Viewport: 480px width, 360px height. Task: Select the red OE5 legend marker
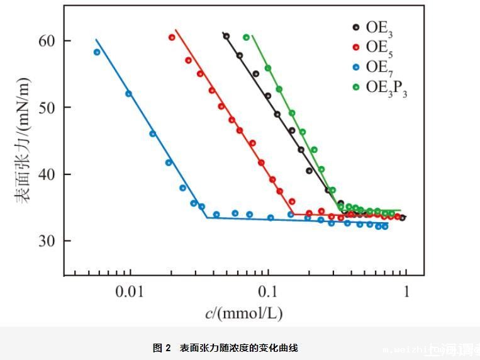coord(355,47)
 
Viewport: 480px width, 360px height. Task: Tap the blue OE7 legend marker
coord(355,67)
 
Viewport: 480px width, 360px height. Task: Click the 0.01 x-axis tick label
coord(130,291)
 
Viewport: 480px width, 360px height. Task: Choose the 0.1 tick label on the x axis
coord(268,291)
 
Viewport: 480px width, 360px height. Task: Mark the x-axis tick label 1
coord(406,291)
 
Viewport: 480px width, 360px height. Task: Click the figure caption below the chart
coord(225,347)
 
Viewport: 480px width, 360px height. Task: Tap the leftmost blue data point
coord(97,52)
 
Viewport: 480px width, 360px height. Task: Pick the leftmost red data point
coord(172,37)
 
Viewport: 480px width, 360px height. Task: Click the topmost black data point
coord(226,36)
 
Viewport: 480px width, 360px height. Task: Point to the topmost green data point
coord(246,37)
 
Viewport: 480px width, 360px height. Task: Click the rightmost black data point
coord(403,218)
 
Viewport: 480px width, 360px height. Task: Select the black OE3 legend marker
coord(355,27)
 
